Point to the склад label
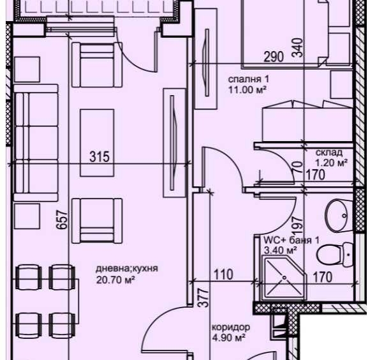tap(329, 153)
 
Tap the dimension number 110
tap(223, 274)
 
